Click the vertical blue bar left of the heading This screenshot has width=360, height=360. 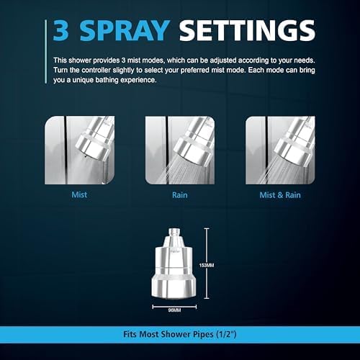[48, 31]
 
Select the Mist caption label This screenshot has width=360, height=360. [80, 194]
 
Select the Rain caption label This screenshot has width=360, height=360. [180, 194]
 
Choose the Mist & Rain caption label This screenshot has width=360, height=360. [281, 194]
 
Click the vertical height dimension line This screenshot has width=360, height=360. [207, 245]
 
